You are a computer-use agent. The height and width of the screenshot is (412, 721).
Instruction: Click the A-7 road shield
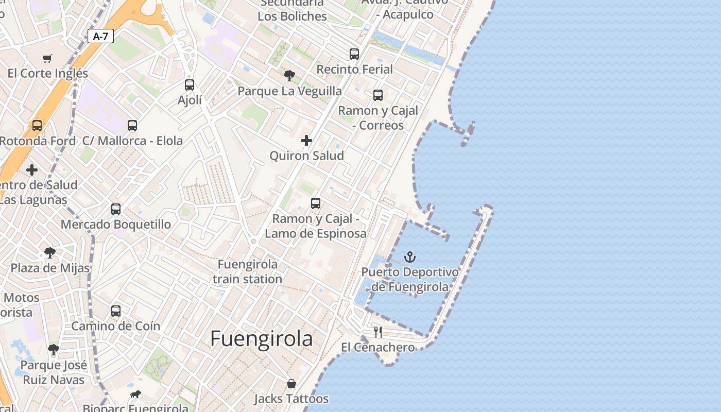pos(100,36)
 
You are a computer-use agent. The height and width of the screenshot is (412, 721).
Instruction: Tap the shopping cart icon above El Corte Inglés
pos(47,58)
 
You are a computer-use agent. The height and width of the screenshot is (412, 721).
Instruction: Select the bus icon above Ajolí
pos(190,85)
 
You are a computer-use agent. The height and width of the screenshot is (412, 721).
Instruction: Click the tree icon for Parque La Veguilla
pos(289,76)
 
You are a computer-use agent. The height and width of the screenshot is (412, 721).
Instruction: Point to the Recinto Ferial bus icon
pos(354,54)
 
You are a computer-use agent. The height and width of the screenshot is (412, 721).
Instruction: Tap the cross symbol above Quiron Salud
pos(306,141)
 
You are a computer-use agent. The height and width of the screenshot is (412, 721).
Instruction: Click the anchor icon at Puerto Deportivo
pos(410,257)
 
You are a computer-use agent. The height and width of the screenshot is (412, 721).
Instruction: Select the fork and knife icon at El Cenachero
pos(378,332)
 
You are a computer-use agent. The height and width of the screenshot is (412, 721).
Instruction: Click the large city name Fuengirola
pos(261,339)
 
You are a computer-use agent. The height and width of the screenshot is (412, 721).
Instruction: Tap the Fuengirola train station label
pos(248,271)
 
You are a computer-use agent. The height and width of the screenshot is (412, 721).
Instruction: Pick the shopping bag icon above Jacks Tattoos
pos(291,384)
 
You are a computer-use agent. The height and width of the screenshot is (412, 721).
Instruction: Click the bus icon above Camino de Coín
pos(116,311)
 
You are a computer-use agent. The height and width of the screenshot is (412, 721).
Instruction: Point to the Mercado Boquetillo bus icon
pos(116,209)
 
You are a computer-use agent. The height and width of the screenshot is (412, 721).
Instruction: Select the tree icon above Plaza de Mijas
pos(50,253)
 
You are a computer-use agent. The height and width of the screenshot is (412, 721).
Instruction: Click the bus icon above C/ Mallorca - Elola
pos(132,126)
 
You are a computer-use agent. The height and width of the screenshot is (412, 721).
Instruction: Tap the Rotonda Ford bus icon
pos(37,126)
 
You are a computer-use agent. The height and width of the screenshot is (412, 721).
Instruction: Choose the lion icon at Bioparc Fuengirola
pos(135,394)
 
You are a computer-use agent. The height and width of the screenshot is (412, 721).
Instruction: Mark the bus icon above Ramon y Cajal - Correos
pos(378,95)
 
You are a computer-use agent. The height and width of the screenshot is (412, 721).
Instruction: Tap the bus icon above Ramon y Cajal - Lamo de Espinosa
pos(316,203)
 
